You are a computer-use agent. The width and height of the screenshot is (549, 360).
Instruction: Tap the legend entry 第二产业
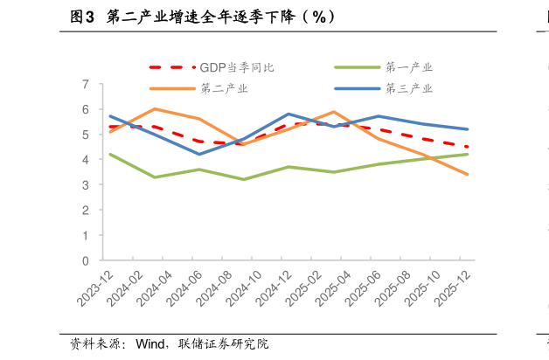point(224,88)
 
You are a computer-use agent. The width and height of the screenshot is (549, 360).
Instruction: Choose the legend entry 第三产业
point(409,88)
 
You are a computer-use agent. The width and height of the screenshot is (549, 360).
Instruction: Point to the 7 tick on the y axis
point(86,85)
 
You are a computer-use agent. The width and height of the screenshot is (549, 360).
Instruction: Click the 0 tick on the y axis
point(86,260)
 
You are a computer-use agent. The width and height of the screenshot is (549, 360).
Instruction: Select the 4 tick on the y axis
point(86,160)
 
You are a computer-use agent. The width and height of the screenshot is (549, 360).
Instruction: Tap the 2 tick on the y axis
point(86,211)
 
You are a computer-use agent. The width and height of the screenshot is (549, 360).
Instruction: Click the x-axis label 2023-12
point(95,287)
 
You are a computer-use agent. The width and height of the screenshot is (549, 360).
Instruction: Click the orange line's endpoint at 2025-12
point(468,175)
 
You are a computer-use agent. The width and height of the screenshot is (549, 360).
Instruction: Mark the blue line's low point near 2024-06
point(199,155)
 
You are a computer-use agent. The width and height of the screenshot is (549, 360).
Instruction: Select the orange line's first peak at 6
point(155,109)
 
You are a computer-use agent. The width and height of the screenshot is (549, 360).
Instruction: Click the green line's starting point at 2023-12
point(109,155)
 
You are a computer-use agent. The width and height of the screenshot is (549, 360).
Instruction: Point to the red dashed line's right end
point(468,147)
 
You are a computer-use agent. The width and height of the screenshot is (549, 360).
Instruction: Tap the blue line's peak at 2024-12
point(288,114)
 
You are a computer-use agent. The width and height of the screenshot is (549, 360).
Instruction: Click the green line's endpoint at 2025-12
point(468,155)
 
